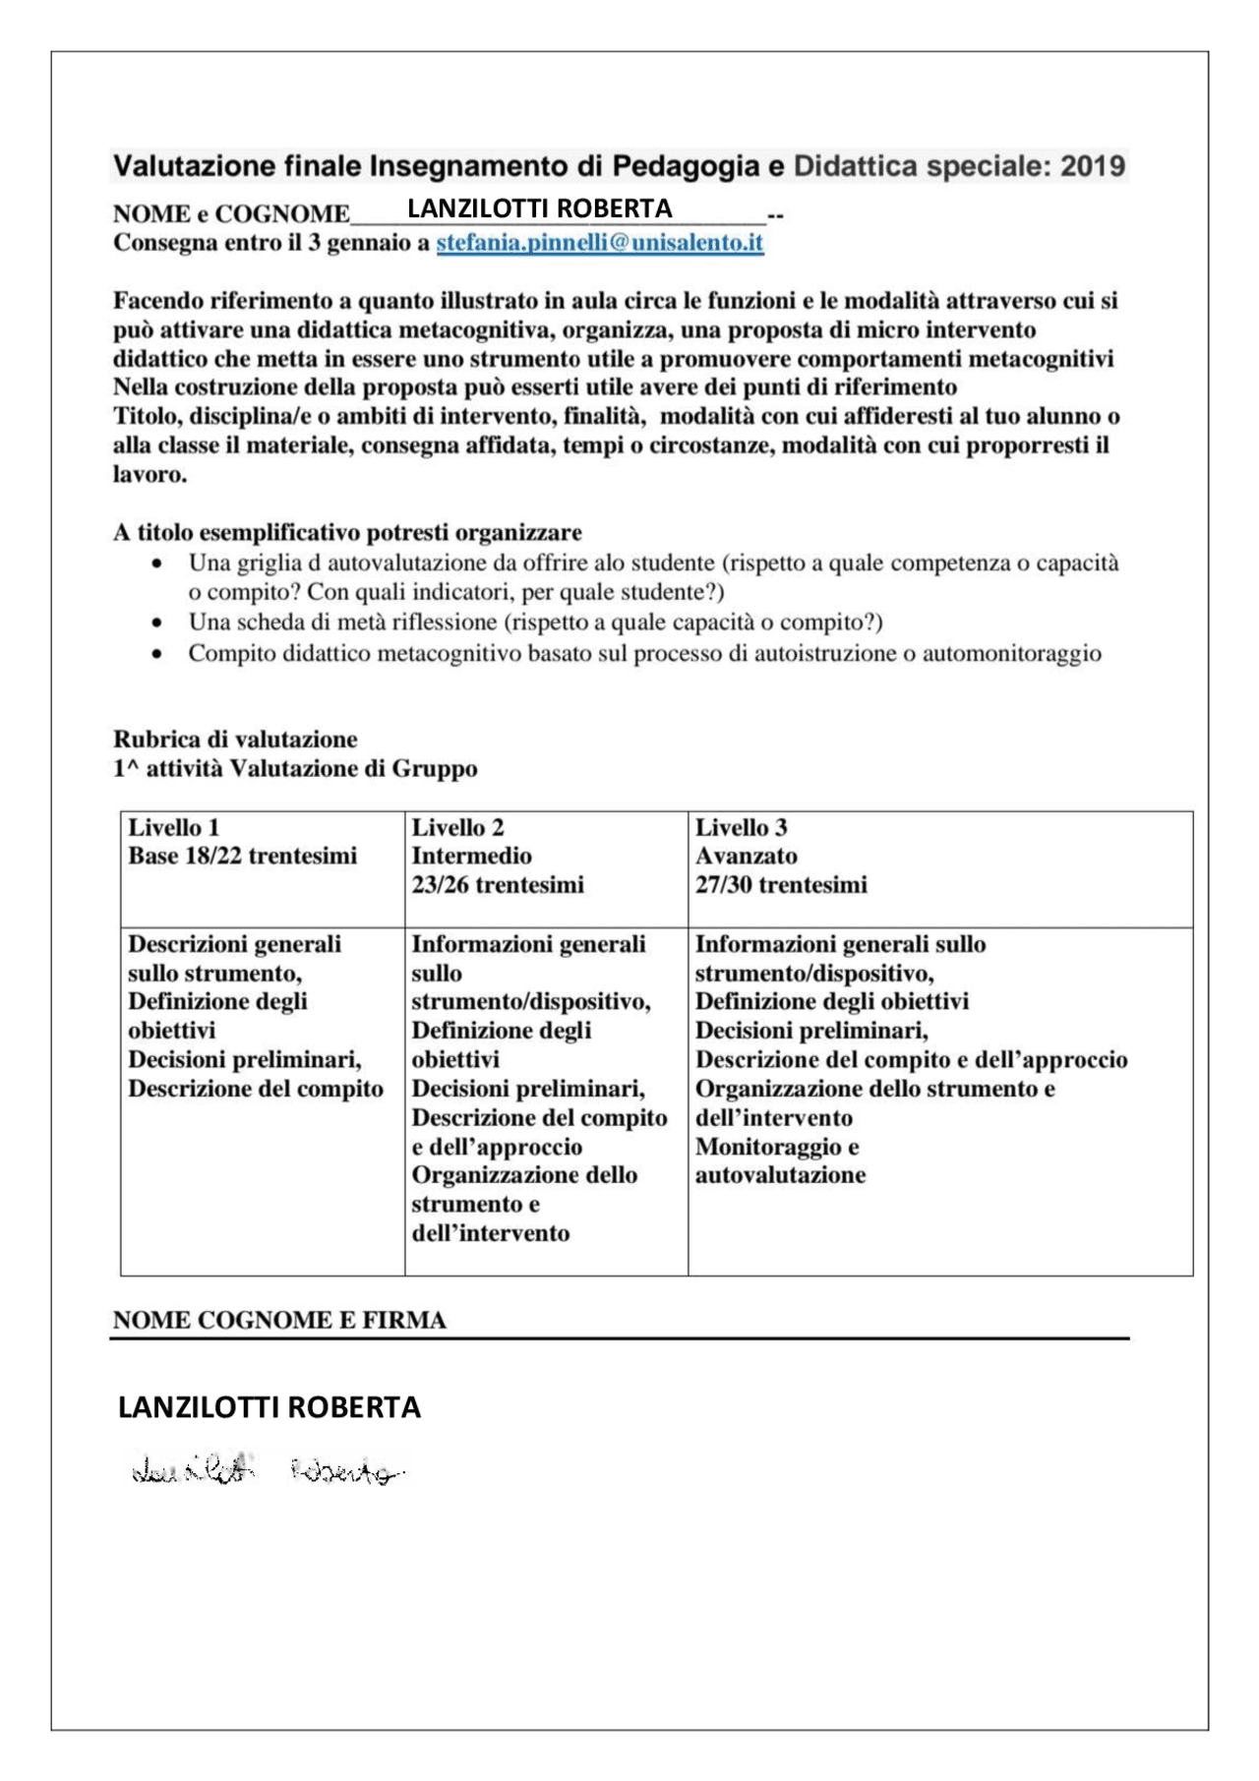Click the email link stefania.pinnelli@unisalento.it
pos(599,243)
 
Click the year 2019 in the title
pos(1092,166)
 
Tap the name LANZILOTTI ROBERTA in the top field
pos(539,208)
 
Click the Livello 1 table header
pos(173,827)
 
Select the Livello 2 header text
pos(457,827)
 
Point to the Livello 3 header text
pos(741,827)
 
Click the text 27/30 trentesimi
pos(781,884)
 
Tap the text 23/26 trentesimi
pos(497,884)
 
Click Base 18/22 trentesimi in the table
pos(242,856)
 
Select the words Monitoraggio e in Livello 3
pos(776,1147)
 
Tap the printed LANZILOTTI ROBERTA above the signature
pos(269,1407)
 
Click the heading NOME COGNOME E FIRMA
pos(279,1320)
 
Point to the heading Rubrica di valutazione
pos(235,739)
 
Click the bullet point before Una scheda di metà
pos(156,623)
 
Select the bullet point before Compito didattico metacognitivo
pos(156,654)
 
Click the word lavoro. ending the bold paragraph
pos(150,474)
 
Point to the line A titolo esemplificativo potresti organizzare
pos(347,532)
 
